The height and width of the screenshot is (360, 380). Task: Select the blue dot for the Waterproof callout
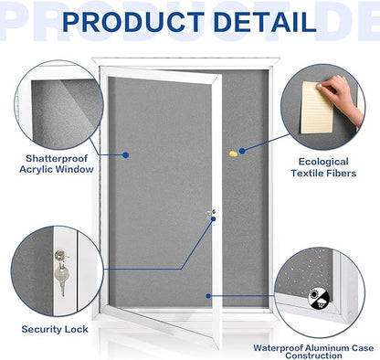coord(209,294)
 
